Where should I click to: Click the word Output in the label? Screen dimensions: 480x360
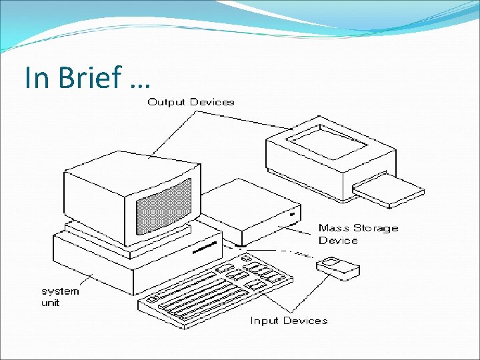click(167, 102)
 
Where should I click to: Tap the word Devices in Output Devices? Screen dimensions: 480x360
click(212, 102)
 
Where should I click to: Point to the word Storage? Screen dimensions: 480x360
click(376, 228)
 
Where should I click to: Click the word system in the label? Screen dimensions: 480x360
click(60, 291)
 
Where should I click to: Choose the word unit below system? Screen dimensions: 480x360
click(51, 303)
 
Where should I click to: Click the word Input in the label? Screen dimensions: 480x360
click(264, 321)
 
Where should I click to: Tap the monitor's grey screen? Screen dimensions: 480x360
click(163, 207)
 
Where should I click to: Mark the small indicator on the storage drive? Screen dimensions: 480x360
click(291, 215)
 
